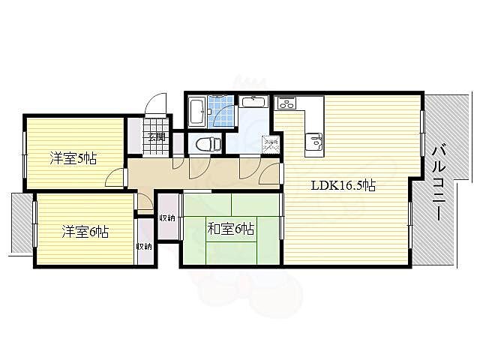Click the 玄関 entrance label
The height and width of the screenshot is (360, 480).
(x=157, y=136)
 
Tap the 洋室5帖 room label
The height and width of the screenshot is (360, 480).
(x=73, y=158)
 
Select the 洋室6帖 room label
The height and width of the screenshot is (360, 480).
(x=85, y=232)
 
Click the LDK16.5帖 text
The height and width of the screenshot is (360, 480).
(x=343, y=185)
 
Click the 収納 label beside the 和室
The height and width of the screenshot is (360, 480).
(x=166, y=218)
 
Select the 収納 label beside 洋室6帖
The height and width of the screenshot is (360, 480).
(x=144, y=246)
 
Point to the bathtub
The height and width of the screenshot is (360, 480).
(x=197, y=111)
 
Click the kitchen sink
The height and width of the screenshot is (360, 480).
(x=314, y=142)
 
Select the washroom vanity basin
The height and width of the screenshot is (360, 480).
(x=253, y=102)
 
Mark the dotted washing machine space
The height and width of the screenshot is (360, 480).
(x=271, y=143)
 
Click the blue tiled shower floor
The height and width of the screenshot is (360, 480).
(x=220, y=112)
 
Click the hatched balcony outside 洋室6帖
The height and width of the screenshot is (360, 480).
(x=22, y=223)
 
